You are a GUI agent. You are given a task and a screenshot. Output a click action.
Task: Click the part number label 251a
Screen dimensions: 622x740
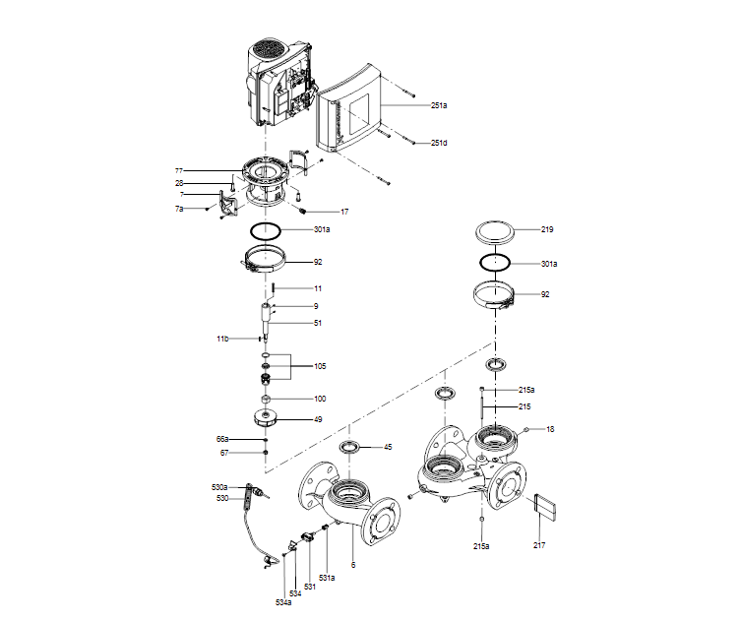coord(439,104)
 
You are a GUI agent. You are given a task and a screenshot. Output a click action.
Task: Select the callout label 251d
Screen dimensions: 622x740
coord(439,144)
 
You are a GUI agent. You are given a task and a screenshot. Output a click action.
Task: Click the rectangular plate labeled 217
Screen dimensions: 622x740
coord(545,508)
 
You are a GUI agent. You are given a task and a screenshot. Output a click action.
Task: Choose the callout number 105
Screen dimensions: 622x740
coord(320,366)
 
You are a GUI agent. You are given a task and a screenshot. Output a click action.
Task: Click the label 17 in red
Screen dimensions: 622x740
coord(343,212)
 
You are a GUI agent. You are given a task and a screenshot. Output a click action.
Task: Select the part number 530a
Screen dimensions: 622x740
coord(219,487)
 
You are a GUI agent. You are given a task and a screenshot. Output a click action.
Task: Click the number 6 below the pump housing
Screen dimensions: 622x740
coord(353,564)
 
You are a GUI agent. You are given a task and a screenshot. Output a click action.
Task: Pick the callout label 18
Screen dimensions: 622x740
coord(551,430)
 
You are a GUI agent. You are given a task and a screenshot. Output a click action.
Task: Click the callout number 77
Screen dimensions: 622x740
coord(179,171)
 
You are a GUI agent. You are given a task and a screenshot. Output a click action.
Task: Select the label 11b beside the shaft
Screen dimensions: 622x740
coord(223,339)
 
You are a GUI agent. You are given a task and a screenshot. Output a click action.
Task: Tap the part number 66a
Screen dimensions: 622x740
coord(222,439)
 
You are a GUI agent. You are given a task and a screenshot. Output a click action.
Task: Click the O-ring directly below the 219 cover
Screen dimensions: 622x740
coord(496,263)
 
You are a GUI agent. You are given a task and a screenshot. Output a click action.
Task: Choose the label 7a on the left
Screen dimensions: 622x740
coord(179,210)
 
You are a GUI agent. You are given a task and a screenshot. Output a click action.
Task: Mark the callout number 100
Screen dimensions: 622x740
coord(320,399)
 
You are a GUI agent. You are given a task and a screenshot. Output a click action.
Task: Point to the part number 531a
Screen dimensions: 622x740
coord(326,577)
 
